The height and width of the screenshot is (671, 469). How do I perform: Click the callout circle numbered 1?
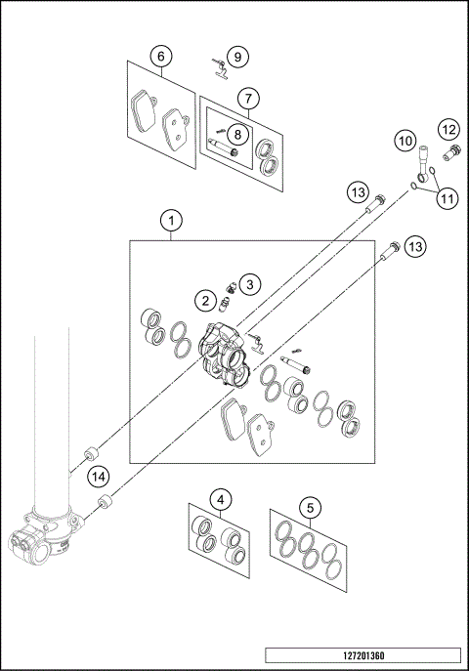coord(172,222)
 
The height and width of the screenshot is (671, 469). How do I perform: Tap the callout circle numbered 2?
coord(206,299)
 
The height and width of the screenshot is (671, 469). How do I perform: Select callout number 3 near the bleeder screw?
coord(250,284)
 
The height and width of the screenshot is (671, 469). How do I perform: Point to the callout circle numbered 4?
coord(223,499)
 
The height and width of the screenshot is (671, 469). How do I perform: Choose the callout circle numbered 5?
coord(310,507)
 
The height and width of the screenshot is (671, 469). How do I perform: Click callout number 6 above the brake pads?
coord(162,57)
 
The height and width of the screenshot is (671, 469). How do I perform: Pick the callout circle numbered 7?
coord(248,99)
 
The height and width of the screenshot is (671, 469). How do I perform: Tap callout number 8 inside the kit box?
coord(236,131)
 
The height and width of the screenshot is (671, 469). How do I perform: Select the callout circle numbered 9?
coord(239,57)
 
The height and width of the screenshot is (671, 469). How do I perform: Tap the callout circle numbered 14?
coord(97,477)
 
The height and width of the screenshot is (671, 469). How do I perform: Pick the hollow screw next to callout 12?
coord(450,153)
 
